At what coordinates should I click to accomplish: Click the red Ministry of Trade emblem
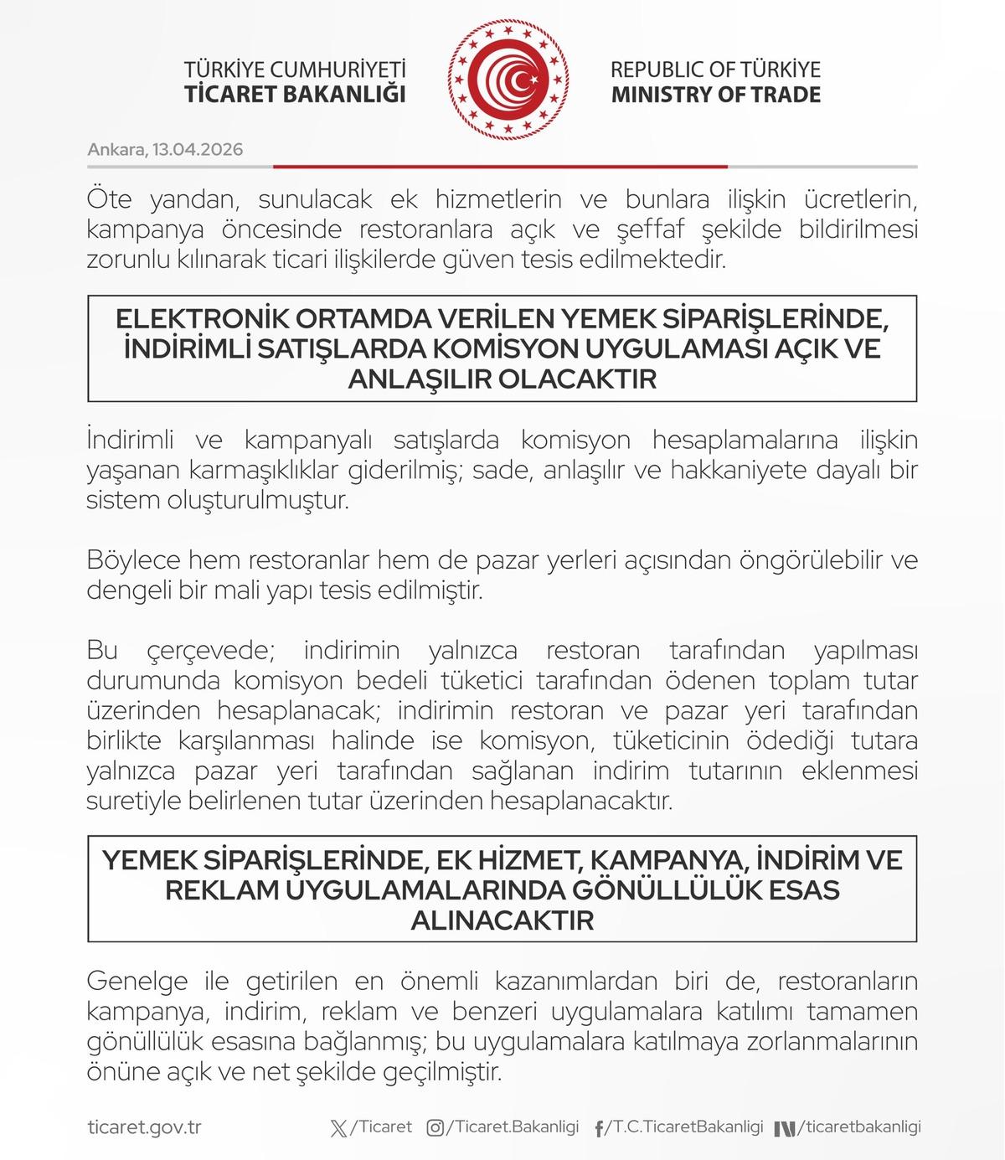(508, 80)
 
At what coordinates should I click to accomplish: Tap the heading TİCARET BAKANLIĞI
(295, 94)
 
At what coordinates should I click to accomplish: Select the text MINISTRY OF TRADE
(715, 94)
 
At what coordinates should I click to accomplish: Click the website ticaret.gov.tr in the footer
(144, 1127)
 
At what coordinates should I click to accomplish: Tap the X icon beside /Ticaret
(338, 1128)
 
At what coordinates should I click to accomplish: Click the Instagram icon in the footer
(435, 1128)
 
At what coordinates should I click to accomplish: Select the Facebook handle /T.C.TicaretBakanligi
(685, 1127)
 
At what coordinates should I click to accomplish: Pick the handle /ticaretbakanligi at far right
(858, 1127)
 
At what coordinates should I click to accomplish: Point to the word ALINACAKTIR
(502, 920)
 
